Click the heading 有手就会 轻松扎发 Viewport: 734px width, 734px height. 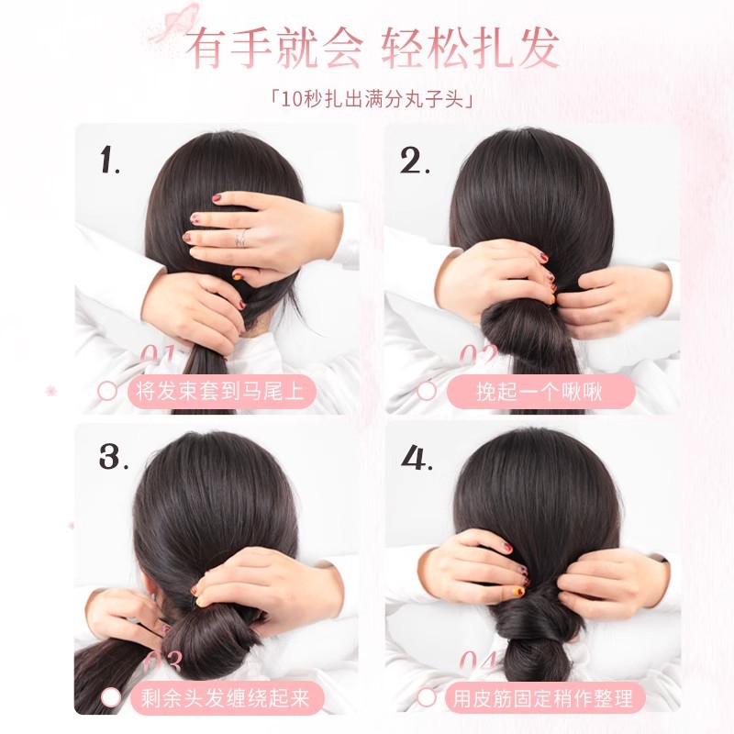(372, 50)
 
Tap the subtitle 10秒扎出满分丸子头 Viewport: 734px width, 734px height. (367, 96)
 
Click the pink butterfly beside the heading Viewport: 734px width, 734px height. (181, 19)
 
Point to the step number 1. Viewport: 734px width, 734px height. (111, 161)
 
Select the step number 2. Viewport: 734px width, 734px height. (416, 161)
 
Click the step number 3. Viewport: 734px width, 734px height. (112, 456)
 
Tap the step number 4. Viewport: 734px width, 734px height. (417, 456)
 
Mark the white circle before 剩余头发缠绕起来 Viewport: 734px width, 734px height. (110, 698)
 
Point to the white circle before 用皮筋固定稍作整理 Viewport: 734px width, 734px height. (428, 698)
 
